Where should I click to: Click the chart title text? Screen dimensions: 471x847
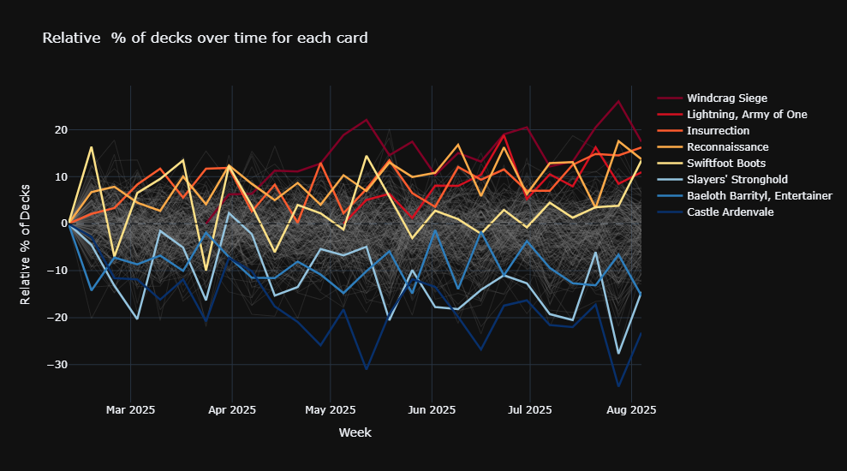point(206,38)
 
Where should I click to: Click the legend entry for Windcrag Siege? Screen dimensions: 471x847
point(726,98)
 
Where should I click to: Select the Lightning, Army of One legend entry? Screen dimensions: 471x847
point(746,115)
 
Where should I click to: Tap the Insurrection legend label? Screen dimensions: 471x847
point(718,131)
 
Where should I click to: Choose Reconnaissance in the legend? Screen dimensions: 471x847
point(727,147)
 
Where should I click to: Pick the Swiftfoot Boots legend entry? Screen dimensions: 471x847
point(726,164)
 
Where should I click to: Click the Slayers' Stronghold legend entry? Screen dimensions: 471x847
point(737,180)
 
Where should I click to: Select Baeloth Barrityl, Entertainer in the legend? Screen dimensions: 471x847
point(759,196)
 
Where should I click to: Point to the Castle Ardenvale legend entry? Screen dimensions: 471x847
point(730,212)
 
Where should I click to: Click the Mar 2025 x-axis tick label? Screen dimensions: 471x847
point(130,410)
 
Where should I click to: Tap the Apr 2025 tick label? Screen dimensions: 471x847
point(232,410)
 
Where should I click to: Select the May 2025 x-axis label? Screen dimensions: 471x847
point(331,410)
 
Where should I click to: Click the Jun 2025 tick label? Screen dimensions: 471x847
point(432,410)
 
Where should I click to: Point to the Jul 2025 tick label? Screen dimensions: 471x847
point(529,410)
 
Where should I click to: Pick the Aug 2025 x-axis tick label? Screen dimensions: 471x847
point(631,410)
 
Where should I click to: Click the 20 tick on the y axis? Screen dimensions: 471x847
point(60,130)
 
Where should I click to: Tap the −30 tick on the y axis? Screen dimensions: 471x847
point(57,365)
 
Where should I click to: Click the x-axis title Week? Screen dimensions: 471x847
point(355,433)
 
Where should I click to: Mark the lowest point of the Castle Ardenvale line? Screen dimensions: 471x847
point(617,385)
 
